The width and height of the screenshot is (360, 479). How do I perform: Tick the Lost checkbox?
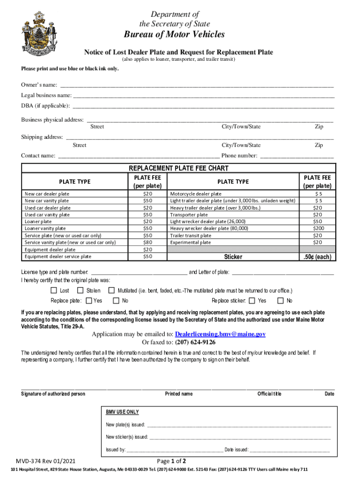(x=54, y=290)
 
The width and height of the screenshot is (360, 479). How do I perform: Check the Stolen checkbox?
(x=80, y=290)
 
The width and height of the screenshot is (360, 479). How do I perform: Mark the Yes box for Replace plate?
(x=89, y=301)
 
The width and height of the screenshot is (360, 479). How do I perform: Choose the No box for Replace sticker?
(x=281, y=301)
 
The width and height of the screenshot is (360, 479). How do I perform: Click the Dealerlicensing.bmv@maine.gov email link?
(x=220, y=334)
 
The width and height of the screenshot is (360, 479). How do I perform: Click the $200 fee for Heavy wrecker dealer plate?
(x=317, y=229)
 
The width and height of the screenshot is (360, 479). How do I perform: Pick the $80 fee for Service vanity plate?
(x=148, y=242)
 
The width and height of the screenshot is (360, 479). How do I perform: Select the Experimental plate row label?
(x=190, y=243)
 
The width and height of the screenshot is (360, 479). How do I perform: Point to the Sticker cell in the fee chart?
(x=233, y=257)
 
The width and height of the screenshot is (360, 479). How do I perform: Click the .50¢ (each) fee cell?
(x=317, y=257)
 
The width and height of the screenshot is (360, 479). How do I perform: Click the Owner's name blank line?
(x=196, y=85)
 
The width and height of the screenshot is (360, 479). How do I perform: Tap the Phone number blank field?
(x=297, y=156)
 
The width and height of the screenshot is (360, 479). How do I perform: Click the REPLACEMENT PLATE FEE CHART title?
(x=178, y=168)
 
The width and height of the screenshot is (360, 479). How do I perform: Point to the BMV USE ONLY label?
(x=122, y=412)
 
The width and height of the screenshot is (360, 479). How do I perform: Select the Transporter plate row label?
(x=189, y=215)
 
